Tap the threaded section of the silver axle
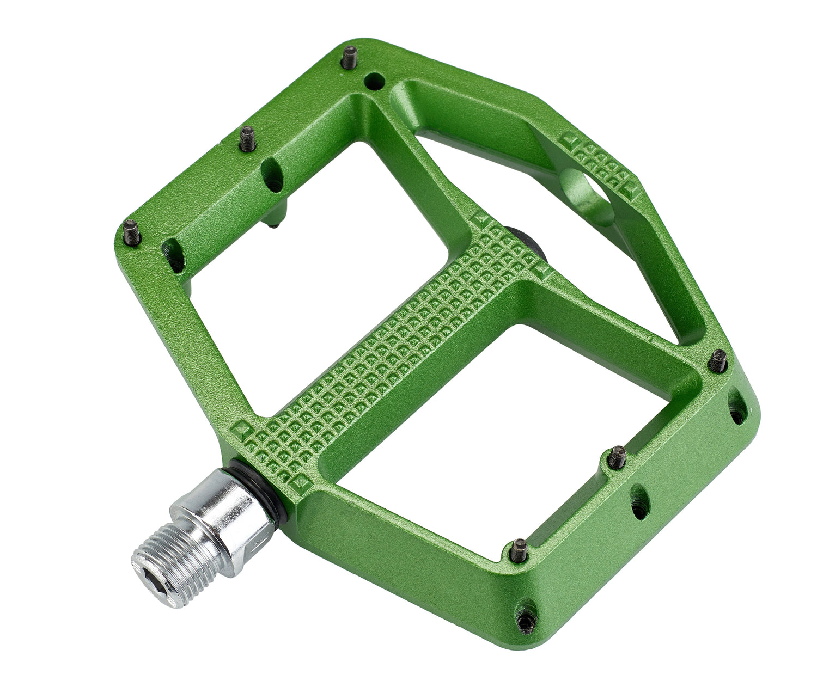(x=169, y=561)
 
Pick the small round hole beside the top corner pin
(x=374, y=82)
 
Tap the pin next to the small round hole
(x=349, y=57)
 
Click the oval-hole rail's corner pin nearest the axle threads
(x=132, y=233)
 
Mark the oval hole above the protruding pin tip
(x=272, y=175)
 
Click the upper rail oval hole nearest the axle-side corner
(x=173, y=255)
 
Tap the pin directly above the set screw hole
(x=520, y=551)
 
